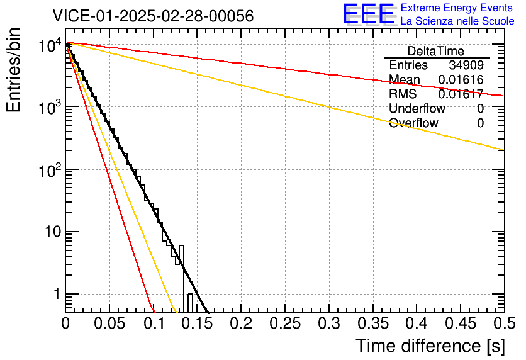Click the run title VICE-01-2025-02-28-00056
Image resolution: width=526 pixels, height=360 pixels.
[x=153, y=16]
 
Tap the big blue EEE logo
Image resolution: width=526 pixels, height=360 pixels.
[x=368, y=14]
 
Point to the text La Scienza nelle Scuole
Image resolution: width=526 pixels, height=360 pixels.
[x=457, y=21]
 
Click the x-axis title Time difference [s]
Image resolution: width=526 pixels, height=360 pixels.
[x=430, y=346]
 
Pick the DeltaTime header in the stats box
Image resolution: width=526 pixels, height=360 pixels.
[x=435, y=51]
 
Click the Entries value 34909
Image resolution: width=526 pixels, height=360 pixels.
[x=466, y=65]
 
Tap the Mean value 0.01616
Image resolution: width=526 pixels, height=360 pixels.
[x=461, y=80]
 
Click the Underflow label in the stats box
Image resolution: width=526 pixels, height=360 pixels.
[x=417, y=109]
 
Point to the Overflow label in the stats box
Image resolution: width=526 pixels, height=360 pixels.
[x=413, y=123]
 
